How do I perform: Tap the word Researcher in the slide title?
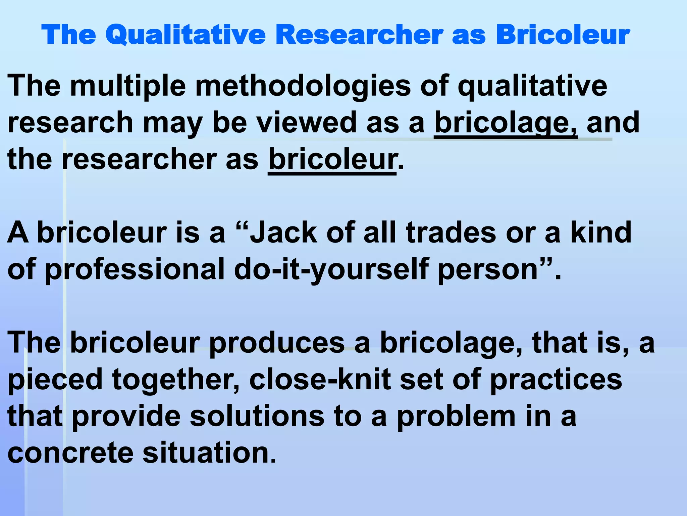point(359,35)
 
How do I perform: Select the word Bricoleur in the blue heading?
point(563,35)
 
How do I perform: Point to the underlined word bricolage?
point(506,123)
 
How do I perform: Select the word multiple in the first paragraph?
point(128,86)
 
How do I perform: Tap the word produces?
point(277,343)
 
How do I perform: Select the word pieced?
point(55,380)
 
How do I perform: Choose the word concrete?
point(70,453)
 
